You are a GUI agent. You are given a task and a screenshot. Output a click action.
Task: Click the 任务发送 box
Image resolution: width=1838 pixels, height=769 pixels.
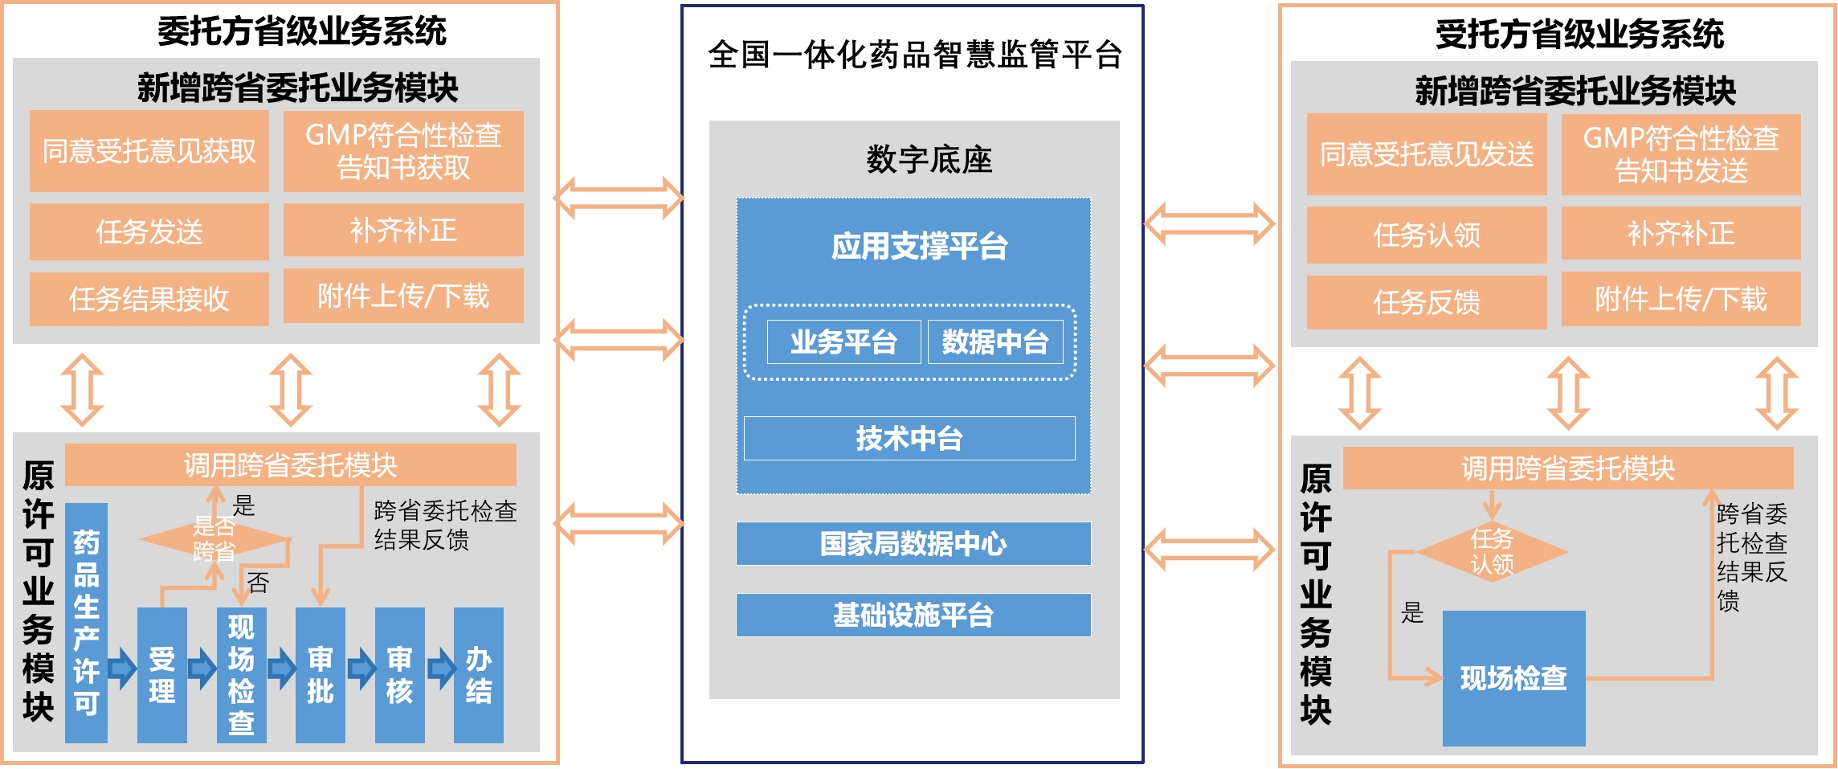149,231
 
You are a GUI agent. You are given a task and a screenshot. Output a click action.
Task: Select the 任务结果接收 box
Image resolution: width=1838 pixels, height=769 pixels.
149,299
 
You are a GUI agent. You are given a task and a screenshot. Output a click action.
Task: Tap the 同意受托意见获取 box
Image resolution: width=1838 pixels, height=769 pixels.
149,151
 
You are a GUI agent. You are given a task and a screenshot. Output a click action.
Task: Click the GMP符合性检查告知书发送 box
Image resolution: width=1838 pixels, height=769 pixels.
1681,154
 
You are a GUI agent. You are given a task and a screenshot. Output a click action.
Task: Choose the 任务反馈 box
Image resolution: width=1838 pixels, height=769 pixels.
1427,302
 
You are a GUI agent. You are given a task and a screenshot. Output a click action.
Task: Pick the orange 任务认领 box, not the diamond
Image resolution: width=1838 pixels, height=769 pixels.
1427,235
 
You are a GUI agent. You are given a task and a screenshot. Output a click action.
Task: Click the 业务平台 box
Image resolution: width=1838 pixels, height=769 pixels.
843,342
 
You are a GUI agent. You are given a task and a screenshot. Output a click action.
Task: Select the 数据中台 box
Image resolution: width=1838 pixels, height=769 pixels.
995,342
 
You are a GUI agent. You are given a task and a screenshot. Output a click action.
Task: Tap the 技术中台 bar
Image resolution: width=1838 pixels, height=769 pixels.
909,438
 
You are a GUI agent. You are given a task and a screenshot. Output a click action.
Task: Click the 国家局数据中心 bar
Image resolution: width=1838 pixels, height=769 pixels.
913,544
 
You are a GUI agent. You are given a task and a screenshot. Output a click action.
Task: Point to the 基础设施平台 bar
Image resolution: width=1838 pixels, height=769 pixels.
913,615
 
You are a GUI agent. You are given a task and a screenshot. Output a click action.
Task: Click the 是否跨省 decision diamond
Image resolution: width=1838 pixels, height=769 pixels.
214,538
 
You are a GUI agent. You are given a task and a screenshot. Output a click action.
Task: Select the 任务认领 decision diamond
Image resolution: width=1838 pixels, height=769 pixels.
1492,551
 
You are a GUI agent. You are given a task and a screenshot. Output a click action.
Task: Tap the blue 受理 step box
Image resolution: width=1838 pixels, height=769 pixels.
162,675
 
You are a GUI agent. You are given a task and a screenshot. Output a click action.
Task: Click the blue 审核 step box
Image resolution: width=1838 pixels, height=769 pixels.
399,675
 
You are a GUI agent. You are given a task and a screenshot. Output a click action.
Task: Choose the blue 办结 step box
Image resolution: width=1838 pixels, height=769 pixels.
479,675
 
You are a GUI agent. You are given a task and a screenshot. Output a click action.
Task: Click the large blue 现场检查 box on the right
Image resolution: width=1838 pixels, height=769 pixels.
1513,678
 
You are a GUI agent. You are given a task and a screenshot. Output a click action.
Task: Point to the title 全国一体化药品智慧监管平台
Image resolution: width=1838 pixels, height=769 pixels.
914,55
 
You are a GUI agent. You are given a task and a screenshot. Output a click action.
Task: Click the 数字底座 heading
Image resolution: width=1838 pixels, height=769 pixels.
929,159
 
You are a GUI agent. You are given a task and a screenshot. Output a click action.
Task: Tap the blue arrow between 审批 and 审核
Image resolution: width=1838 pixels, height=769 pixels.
361,668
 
